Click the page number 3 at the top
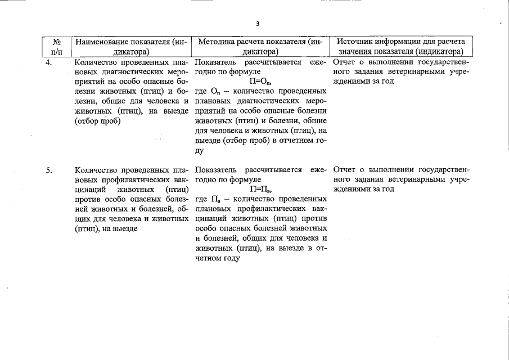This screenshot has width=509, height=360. (x=258, y=24)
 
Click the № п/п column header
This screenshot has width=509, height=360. (x=56, y=47)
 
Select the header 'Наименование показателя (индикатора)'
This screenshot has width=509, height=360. (x=130, y=47)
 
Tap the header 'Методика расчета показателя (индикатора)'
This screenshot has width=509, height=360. (x=260, y=47)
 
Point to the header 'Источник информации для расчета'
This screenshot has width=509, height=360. (x=400, y=42)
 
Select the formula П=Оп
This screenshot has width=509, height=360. (x=260, y=82)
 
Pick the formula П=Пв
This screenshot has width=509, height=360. (x=260, y=190)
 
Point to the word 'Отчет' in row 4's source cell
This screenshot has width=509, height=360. (x=345, y=62)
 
